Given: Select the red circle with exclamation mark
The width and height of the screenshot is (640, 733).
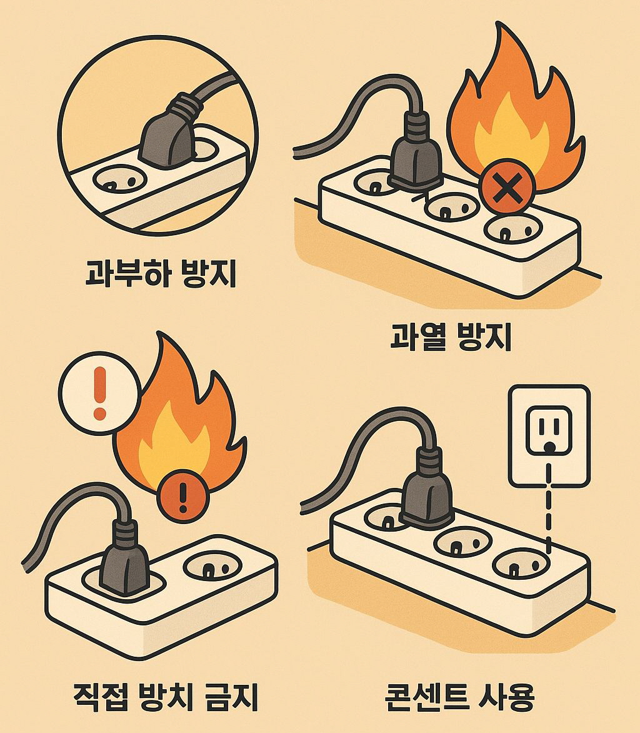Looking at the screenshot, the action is (x=182, y=496).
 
